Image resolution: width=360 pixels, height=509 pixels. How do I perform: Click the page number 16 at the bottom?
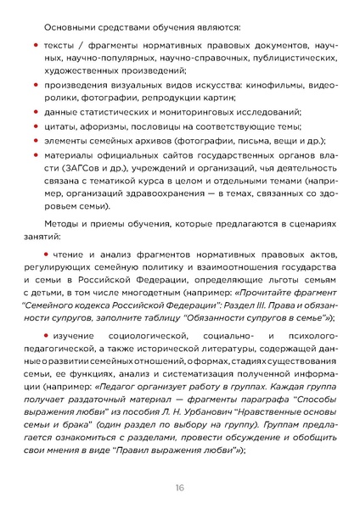[180, 486]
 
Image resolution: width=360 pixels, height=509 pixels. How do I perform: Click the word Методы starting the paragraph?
[65, 221]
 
